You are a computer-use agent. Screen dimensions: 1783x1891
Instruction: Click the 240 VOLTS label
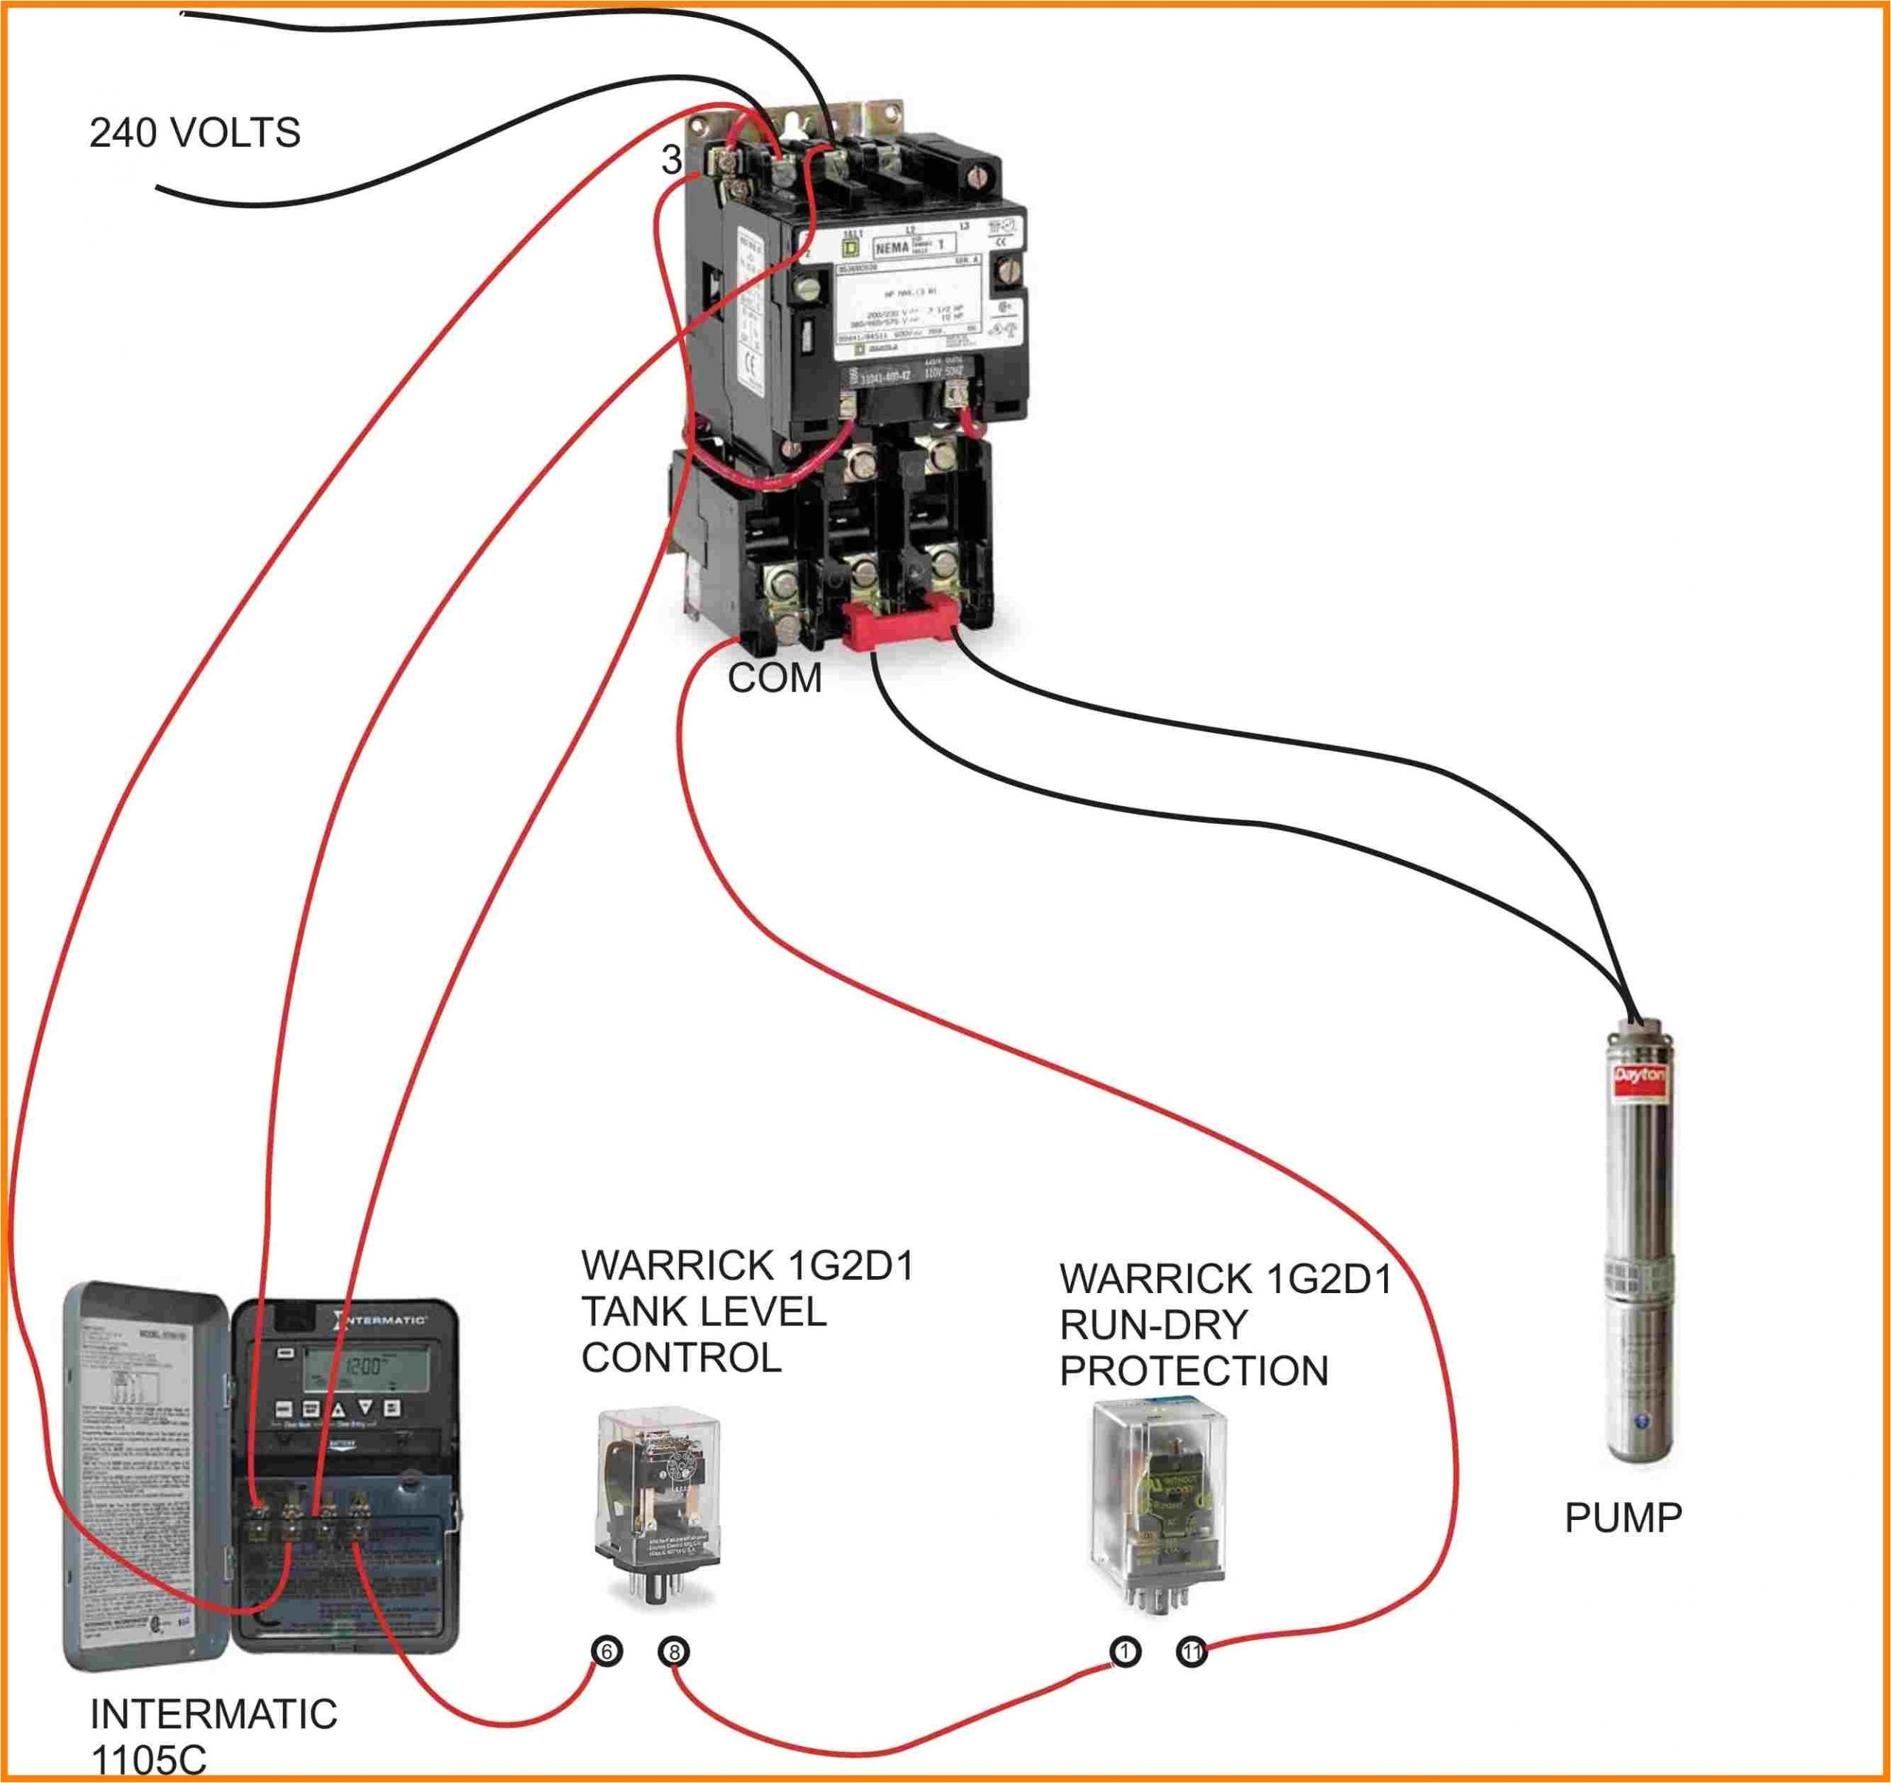click(195, 133)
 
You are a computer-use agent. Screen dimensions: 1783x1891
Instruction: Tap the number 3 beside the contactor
click(671, 160)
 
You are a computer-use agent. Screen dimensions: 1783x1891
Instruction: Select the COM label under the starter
click(774, 678)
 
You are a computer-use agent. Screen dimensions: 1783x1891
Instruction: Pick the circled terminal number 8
click(674, 1651)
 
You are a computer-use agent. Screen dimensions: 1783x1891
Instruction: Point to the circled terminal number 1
click(1124, 1651)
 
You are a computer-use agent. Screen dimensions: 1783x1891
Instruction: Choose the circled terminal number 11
click(1192, 1651)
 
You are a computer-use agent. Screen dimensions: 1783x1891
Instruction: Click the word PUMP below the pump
click(1624, 1518)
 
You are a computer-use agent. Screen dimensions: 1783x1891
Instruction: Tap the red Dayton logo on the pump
click(1641, 1076)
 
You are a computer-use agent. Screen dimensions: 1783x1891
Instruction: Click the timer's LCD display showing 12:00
click(364, 1367)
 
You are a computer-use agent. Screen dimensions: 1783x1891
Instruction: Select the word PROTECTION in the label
click(1194, 1371)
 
